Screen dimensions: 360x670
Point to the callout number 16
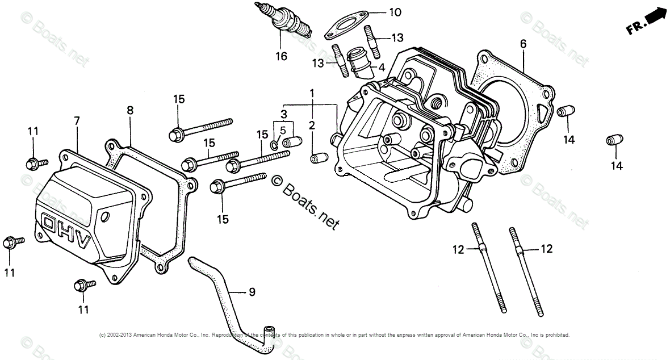(281, 56)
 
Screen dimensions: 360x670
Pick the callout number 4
(382, 67)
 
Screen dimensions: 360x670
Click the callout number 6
(523, 43)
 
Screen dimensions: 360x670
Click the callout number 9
(252, 292)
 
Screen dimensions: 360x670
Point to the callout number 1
(311, 92)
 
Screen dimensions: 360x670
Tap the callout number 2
(312, 125)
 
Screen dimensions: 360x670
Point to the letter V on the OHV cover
(84, 242)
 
